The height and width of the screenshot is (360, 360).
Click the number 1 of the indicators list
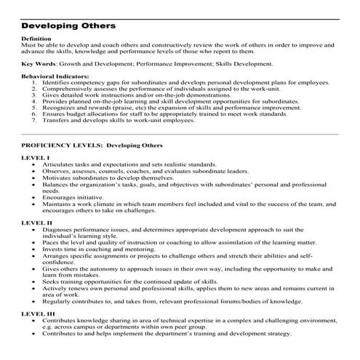coord(35,82)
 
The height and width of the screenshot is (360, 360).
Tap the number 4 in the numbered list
coord(35,101)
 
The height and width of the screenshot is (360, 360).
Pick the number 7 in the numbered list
coord(35,121)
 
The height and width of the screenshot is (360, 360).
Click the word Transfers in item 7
coord(56,121)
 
